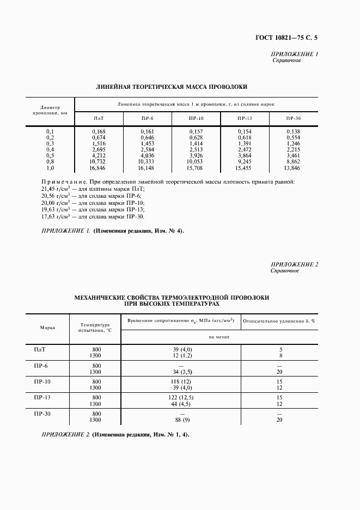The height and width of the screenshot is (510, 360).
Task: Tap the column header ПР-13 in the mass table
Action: (x=245, y=118)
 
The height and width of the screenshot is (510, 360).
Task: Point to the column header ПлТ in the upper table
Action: (x=99, y=118)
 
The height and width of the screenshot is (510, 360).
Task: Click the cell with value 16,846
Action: (x=99, y=169)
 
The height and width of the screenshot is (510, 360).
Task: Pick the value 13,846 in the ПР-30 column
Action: (x=292, y=169)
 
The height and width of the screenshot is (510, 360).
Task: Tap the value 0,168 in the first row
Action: (x=99, y=131)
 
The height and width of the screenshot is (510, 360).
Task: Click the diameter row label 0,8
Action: (x=50, y=162)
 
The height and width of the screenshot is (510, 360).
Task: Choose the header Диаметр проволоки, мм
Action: (x=50, y=111)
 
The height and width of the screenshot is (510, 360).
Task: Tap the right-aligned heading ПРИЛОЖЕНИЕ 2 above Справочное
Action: (x=294, y=264)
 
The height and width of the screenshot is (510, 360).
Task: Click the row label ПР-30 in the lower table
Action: (x=44, y=414)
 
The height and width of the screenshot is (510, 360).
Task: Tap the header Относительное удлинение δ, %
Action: (x=279, y=321)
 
